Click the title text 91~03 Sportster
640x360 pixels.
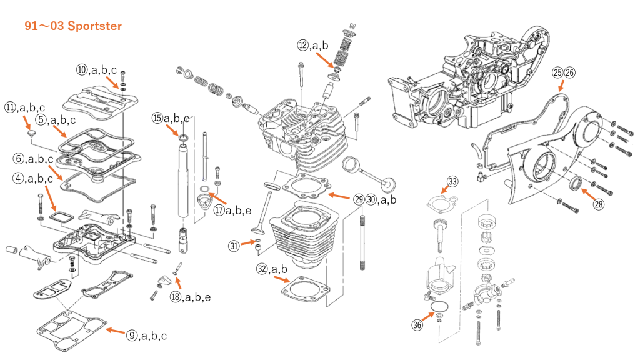[73, 26]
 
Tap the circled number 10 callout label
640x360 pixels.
[82, 69]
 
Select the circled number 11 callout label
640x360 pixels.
[11, 107]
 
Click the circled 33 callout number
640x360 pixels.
[452, 182]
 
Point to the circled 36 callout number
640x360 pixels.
[417, 325]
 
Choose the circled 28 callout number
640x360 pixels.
[598, 203]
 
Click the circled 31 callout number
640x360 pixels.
[234, 246]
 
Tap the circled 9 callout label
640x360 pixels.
[132, 336]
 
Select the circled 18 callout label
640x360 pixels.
[176, 297]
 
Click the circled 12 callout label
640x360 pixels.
[303, 45]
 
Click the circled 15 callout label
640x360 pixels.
[157, 117]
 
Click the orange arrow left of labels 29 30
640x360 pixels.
[339, 196]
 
